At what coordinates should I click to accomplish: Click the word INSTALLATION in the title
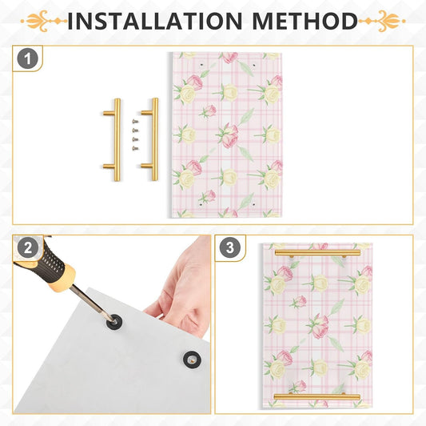[154, 21]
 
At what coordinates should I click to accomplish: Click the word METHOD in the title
[305, 21]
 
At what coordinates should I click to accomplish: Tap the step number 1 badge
[27, 58]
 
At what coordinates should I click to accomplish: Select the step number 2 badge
[28, 248]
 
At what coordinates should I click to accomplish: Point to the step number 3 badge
[230, 247]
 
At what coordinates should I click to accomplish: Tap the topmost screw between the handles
[135, 121]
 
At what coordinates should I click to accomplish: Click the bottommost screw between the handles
[135, 148]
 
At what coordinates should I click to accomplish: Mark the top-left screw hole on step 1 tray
[201, 65]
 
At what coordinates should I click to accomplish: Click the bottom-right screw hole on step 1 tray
[253, 204]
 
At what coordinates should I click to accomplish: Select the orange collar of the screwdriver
[63, 278]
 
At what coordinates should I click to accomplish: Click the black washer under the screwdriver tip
[113, 322]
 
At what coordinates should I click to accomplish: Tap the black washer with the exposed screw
[193, 360]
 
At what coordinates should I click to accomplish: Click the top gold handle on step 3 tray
[317, 253]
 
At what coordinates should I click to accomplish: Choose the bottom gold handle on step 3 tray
[317, 396]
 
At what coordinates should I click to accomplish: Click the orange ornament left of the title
[44, 21]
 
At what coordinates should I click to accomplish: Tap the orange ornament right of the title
[382, 21]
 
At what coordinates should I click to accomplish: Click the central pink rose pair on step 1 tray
[228, 135]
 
